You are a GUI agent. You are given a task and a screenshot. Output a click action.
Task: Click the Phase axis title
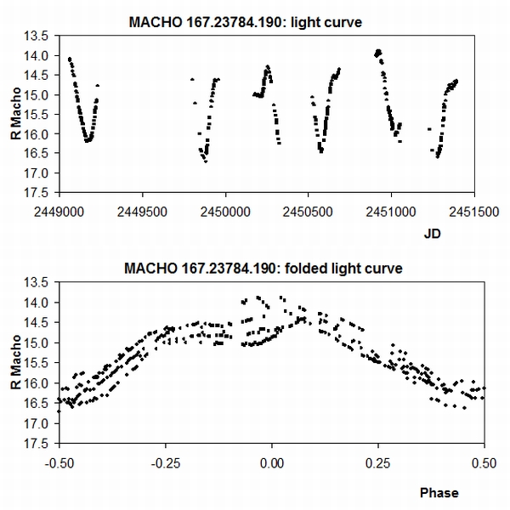(439, 492)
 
